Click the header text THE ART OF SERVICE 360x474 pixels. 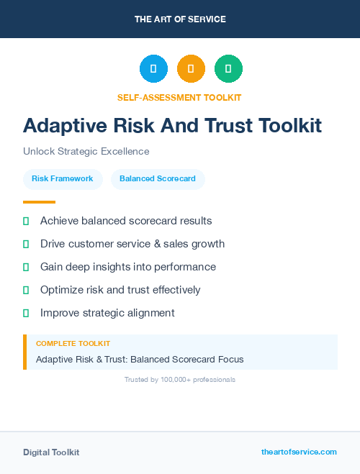click(180, 19)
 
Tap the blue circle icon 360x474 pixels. click(153, 69)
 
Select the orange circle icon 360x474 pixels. click(191, 69)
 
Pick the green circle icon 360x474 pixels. click(228, 69)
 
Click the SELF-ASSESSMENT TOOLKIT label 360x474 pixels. click(179, 97)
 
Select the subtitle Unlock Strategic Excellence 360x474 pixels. click(86, 151)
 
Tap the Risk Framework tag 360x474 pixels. click(63, 178)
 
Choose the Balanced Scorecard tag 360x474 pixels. click(158, 178)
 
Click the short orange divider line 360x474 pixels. click(39, 202)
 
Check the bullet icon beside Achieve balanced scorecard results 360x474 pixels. click(26, 221)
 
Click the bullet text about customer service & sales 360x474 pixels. click(132, 244)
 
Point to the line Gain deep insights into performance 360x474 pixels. click(128, 267)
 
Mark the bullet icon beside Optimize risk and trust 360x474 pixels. click(26, 290)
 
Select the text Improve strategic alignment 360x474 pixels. click(107, 313)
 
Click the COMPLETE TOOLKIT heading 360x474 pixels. click(73, 344)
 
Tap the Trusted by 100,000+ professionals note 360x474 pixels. click(180, 379)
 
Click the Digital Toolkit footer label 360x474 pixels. click(51, 452)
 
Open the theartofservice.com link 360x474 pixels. click(299, 452)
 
